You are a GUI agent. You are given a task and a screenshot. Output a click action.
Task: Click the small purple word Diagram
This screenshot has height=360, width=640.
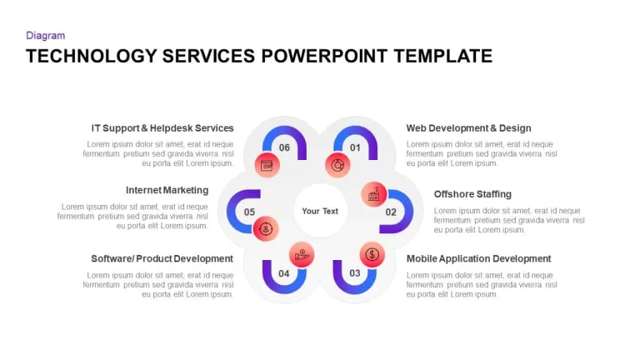coord(45,36)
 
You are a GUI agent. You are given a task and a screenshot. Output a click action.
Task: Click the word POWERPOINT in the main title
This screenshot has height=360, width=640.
coord(324,56)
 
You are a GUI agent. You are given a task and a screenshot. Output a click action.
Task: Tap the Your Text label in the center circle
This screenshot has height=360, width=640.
coord(320,211)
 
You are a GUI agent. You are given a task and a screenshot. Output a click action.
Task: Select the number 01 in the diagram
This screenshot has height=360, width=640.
coord(355,147)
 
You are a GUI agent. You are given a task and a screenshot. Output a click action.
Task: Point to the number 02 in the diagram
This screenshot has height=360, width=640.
coord(391,212)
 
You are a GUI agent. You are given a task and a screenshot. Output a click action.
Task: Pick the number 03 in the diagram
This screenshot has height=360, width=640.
coord(355,272)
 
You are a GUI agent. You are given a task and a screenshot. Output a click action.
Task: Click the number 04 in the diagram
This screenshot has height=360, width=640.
coord(283,273)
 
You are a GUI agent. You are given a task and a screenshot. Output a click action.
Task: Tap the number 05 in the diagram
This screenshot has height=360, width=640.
coord(249,212)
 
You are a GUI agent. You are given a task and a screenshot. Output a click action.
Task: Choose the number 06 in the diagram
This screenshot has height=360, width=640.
coord(284,147)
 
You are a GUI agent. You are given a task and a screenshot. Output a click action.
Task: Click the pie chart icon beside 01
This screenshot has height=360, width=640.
coord(337,165)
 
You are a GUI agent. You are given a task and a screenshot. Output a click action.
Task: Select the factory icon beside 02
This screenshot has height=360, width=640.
coord(374,194)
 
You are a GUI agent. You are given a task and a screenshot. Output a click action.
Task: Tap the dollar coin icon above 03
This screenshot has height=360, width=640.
coord(372,255)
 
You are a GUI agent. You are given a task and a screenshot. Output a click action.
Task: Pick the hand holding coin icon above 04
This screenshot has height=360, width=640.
coord(302,255)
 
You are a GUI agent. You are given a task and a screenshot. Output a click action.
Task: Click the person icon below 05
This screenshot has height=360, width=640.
coord(266,228)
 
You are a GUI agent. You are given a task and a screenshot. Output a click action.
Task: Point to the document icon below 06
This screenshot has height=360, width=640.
coord(267,165)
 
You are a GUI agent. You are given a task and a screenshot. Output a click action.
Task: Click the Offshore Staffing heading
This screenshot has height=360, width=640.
coord(472,194)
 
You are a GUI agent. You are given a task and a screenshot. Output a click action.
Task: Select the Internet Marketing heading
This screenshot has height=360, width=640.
coord(167,190)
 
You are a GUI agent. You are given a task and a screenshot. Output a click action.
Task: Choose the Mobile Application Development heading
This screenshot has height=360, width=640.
coord(478,259)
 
